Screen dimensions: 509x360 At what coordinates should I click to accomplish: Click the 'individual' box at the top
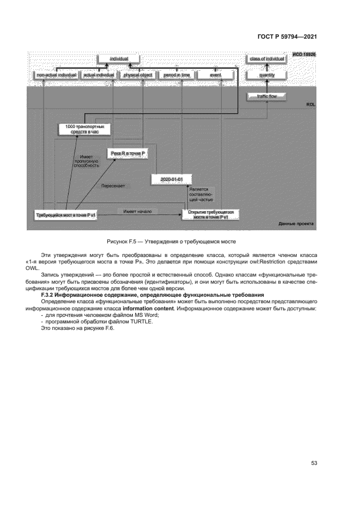click(x=118, y=58)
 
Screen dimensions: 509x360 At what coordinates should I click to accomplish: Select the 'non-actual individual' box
click(x=56, y=75)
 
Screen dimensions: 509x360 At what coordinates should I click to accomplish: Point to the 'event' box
click(x=215, y=75)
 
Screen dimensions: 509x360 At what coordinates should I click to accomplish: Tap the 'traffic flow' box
click(x=267, y=96)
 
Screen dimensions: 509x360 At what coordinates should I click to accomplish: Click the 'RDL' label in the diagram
click(x=310, y=106)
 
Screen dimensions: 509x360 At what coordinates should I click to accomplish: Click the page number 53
click(x=314, y=463)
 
